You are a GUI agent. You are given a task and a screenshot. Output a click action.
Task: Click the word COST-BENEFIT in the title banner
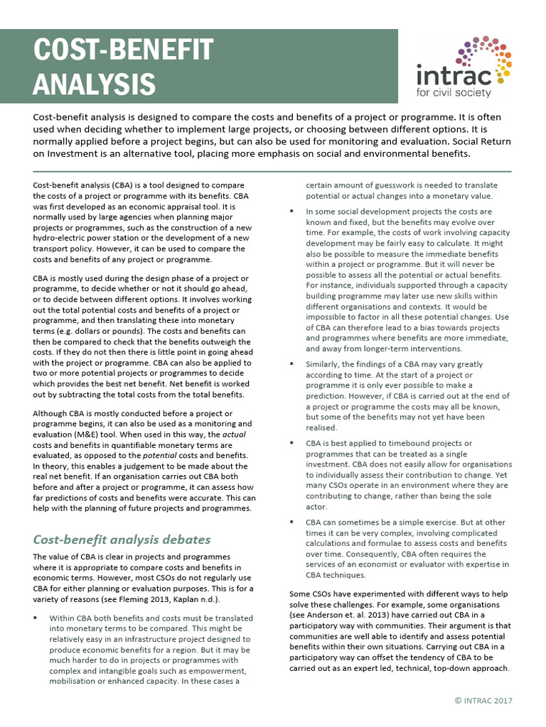point(124,50)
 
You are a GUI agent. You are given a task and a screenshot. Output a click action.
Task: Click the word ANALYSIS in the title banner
point(95,83)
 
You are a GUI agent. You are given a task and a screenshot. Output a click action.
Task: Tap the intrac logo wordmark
point(453,75)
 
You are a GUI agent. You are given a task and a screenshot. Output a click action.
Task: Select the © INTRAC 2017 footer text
point(483,701)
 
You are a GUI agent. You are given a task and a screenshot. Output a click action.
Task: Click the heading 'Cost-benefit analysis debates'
point(122,540)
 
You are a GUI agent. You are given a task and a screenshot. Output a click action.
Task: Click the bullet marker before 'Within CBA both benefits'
point(35,618)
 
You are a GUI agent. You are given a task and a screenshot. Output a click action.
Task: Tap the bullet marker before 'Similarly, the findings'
point(292,364)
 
